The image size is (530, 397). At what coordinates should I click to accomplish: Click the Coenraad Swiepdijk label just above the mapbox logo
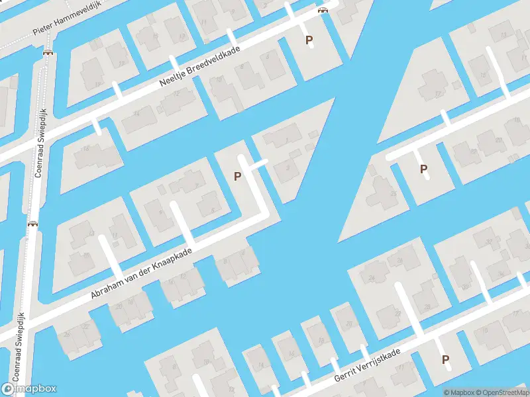tap(20, 336)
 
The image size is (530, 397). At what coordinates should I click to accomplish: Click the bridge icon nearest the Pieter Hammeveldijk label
tap(48, 52)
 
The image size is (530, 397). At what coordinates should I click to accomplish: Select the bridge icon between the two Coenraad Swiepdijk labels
tap(32, 224)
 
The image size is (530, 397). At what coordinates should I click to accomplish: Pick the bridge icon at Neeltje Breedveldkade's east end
tap(323, 10)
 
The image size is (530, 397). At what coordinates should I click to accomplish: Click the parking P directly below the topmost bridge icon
tap(309, 40)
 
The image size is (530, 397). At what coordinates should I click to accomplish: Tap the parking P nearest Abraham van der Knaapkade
tap(237, 176)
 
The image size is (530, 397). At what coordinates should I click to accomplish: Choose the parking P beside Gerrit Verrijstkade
tap(446, 360)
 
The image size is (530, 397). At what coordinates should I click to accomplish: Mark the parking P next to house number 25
tap(423, 169)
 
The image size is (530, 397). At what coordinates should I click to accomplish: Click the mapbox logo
tap(29, 389)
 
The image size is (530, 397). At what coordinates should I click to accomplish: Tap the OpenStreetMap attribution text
tap(501, 392)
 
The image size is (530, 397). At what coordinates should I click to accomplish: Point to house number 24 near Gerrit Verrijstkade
tap(371, 278)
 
